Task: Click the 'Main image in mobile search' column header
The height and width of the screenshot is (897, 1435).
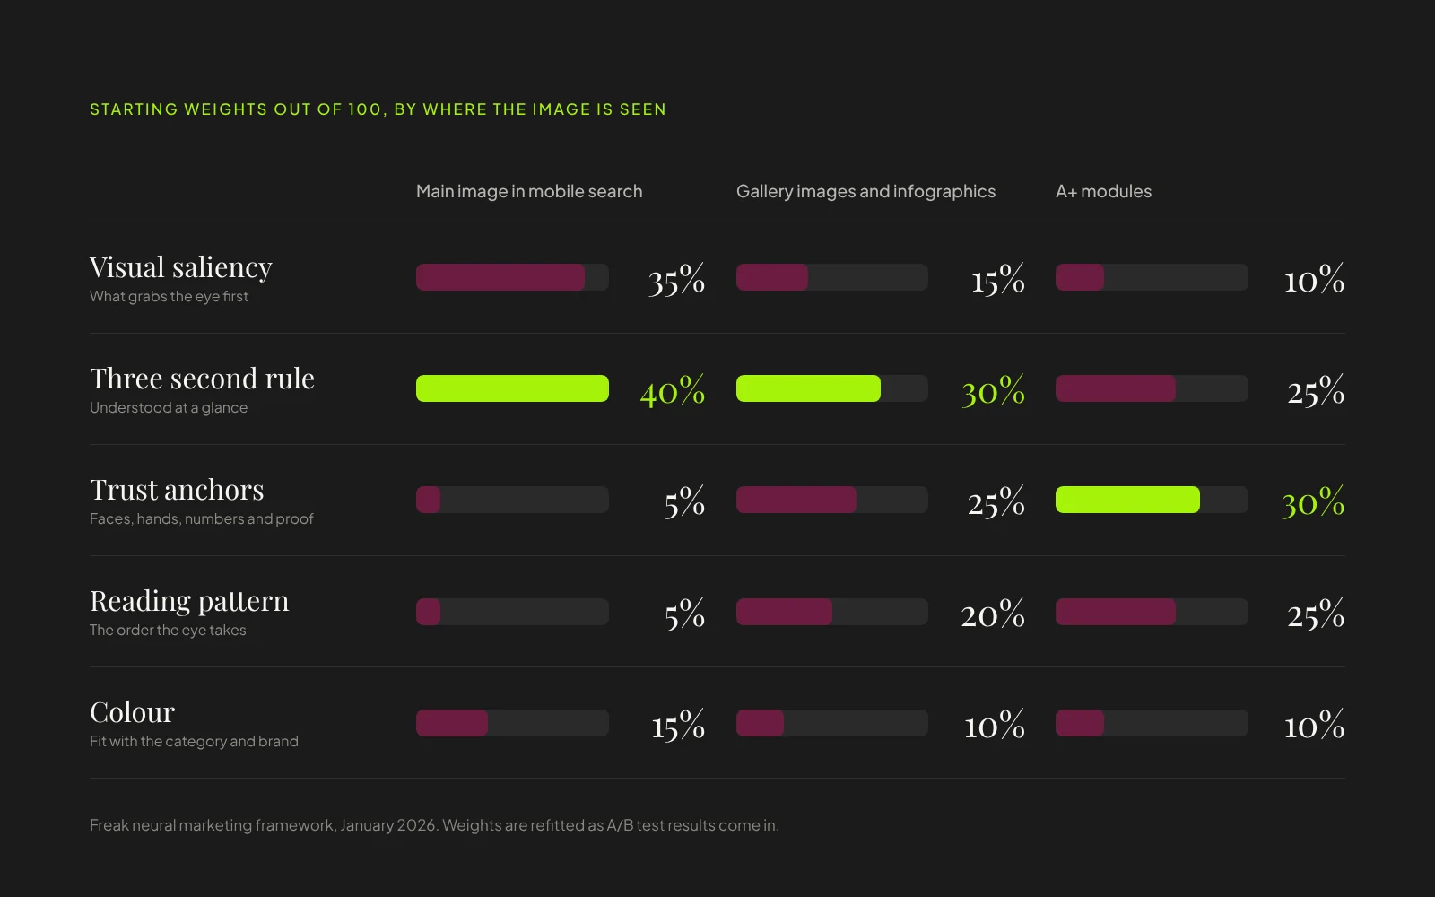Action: pos(529,191)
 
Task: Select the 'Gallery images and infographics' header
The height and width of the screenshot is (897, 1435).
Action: pos(865,191)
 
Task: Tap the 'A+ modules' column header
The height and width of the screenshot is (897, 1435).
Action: pos(1104,191)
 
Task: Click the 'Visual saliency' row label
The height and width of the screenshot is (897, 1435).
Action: pos(180,268)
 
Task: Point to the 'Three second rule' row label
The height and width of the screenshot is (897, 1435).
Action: pos(202,378)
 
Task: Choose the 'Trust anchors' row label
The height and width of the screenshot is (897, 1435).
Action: pos(177,490)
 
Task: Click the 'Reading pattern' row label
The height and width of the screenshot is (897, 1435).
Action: pos(189,602)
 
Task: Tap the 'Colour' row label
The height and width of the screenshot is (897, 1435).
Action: pos(132,712)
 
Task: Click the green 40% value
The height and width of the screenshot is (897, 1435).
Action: pos(673,390)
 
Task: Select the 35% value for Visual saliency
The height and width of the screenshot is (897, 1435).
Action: pos(676,279)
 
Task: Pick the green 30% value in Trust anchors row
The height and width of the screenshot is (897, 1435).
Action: pos(1313,501)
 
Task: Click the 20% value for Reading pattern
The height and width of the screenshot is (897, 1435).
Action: pos(993,614)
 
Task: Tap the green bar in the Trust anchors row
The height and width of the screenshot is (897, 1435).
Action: pos(1127,500)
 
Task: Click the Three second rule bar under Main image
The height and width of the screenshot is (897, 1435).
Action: pos(512,388)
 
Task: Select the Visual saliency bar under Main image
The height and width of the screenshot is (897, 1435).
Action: pos(500,277)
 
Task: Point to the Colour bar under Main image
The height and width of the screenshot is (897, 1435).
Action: pos(452,723)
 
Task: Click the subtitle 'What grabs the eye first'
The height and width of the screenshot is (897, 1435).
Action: pos(169,297)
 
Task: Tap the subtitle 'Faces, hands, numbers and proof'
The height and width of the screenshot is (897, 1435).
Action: pos(201,519)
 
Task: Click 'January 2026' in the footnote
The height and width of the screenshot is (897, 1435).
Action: pos(389,825)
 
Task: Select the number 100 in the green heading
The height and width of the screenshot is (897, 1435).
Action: pos(364,109)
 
